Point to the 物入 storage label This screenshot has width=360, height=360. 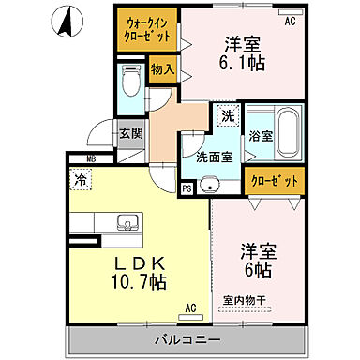[x=162, y=70]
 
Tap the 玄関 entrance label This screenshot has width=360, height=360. [x=131, y=133]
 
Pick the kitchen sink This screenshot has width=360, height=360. [x=124, y=223]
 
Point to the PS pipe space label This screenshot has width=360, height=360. [x=187, y=189]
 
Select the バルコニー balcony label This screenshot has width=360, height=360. [x=184, y=337]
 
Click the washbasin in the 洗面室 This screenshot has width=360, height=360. [x=212, y=182]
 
